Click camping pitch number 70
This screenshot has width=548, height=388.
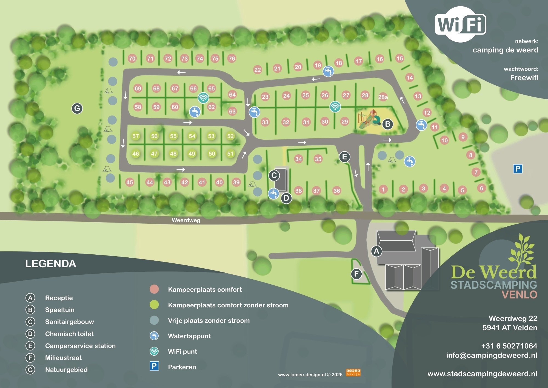coord(132,58)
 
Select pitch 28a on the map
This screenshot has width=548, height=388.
coord(383,97)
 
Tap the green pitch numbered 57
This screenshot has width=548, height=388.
coord(136,136)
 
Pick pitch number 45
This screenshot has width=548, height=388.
coord(130,182)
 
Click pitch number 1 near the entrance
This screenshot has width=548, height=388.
coord(383,189)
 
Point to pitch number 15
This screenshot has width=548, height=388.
coord(400,58)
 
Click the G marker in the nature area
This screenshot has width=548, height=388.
coord(77,108)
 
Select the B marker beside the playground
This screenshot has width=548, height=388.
coord(387,124)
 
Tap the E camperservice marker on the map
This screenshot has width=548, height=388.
coord(344,157)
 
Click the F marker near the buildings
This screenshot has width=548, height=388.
coord(356,274)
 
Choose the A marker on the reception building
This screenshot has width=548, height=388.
coord(376,251)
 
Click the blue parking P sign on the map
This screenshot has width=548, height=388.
coord(518,169)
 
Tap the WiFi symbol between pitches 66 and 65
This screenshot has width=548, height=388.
coord(203,97)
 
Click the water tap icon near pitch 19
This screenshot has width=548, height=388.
coord(328,71)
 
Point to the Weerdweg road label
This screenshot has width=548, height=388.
coord(186,220)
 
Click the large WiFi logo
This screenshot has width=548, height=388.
coord(460,25)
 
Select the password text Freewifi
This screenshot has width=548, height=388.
coord(524,78)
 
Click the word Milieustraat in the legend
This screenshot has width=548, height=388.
coord(63,358)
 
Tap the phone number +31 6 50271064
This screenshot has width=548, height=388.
coord(509,346)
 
